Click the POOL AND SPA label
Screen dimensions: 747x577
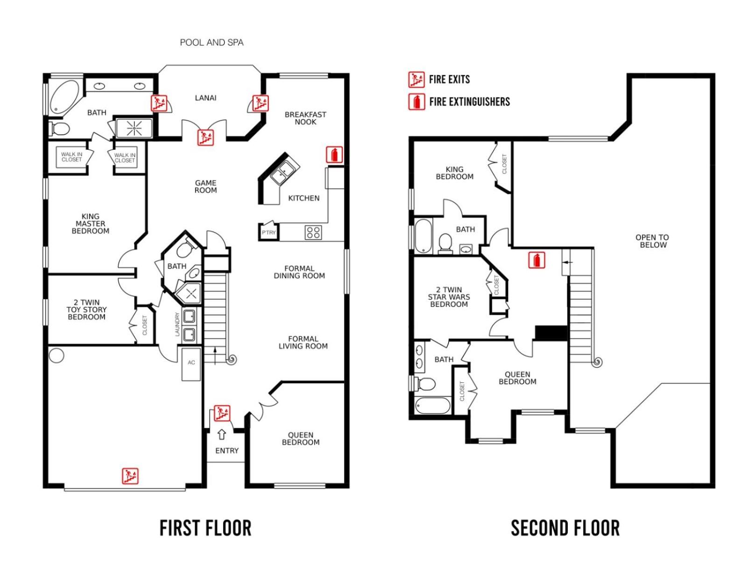211,42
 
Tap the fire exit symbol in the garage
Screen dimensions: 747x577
130,476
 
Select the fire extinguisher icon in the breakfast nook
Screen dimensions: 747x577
334,155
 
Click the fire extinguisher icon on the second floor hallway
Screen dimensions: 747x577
536,260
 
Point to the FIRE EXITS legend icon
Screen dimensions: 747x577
416,79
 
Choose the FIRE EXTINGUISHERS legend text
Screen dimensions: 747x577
469,102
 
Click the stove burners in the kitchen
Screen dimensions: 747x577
313,232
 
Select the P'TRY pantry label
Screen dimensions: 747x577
268,232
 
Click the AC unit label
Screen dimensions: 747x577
191,362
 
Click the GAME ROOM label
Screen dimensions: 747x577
205,187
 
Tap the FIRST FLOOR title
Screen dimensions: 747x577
205,528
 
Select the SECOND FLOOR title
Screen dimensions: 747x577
565,528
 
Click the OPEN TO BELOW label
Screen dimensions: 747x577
652,241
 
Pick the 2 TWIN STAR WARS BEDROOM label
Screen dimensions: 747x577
449,297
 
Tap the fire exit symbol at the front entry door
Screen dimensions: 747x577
222,413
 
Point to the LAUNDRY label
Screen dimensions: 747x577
177,324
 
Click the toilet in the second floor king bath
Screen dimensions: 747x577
445,243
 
